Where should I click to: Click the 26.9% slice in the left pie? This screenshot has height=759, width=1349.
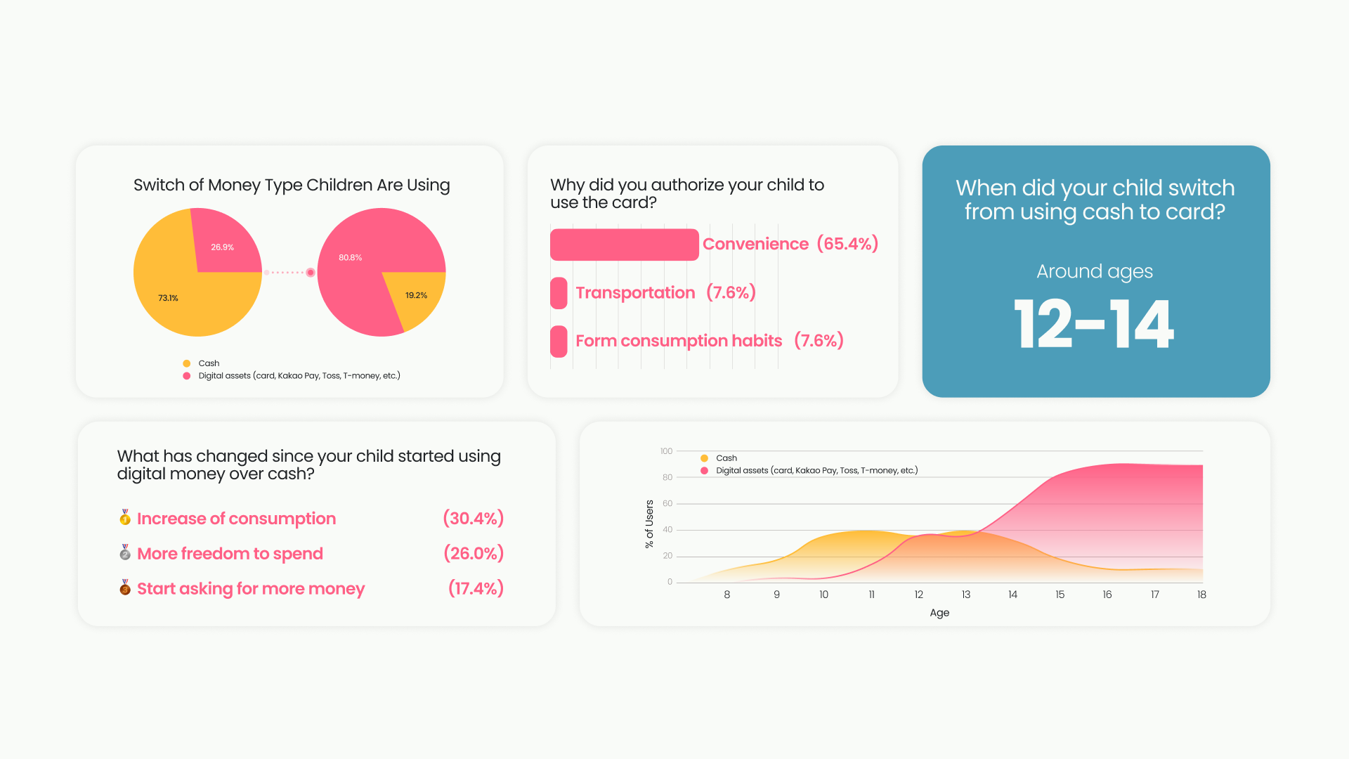(223, 242)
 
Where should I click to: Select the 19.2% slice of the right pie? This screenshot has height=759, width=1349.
(418, 299)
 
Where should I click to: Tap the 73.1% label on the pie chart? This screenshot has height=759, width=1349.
(168, 298)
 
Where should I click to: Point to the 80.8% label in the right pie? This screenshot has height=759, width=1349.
(350, 258)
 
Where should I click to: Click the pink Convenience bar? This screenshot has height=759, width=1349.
(624, 245)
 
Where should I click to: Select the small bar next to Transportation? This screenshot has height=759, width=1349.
(559, 293)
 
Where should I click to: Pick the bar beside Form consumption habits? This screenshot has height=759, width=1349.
(559, 342)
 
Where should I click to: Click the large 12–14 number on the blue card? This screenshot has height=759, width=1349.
(1094, 324)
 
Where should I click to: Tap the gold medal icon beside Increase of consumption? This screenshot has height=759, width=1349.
(125, 518)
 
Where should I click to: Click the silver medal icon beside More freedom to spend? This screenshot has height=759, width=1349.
(125, 553)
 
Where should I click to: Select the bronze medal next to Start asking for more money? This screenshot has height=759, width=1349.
(125, 588)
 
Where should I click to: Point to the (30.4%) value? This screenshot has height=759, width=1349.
(474, 519)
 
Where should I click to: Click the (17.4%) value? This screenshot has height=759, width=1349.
(476, 588)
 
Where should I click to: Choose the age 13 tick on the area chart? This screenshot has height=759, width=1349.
(966, 595)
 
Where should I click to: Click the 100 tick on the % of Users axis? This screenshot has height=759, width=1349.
(666, 451)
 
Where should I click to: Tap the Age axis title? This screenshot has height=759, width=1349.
(939, 613)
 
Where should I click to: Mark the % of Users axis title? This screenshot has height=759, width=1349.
(649, 524)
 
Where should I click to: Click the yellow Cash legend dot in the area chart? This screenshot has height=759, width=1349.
(704, 458)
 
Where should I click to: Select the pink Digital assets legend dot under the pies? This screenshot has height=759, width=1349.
(187, 376)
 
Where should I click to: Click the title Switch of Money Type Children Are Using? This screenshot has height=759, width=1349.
(292, 185)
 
